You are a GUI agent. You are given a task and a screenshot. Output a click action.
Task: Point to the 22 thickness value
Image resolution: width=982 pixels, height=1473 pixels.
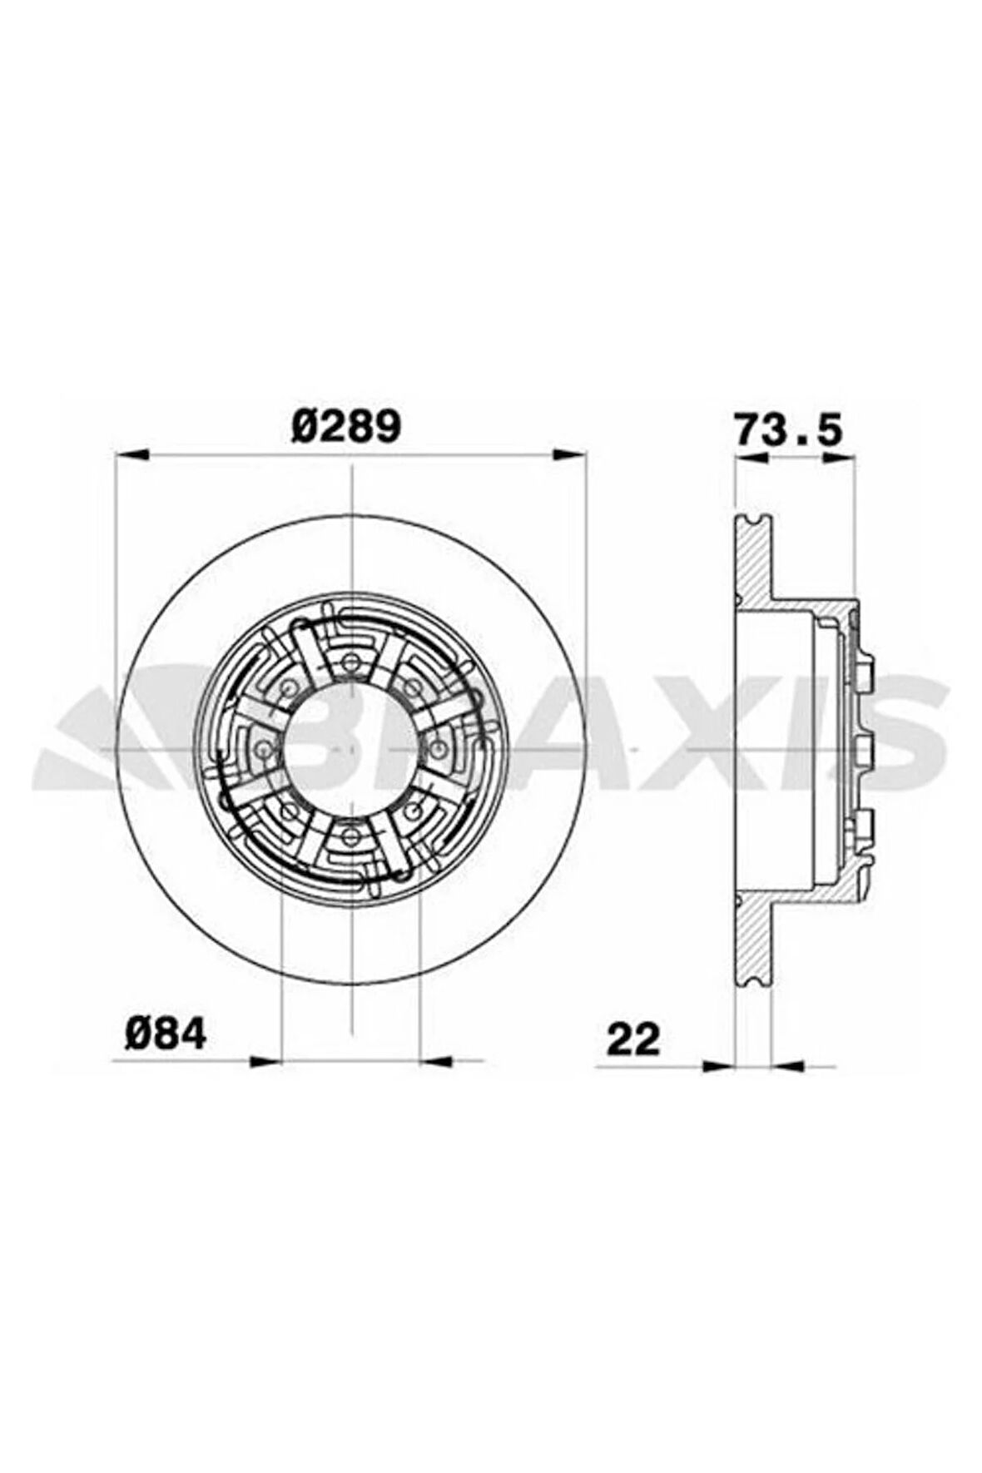coord(632,1039)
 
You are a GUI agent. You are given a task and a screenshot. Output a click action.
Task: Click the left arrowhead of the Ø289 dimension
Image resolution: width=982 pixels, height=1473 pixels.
coord(131,454)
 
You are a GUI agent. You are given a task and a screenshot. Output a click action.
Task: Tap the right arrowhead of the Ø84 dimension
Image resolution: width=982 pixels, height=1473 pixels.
coord(437,1060)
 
